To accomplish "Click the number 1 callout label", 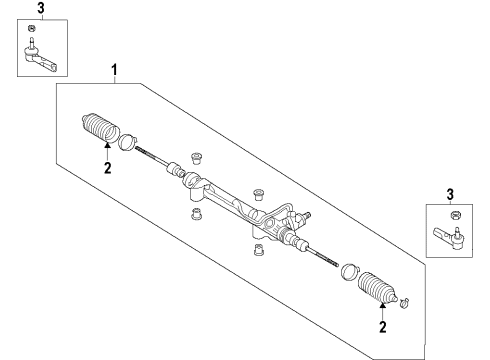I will [x=115, y=70].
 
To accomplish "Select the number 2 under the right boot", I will [x=380, y=326].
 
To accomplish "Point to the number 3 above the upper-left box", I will [x=40, y=9].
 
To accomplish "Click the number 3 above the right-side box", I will [x=449, y=193].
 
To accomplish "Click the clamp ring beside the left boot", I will [x=128, y=140].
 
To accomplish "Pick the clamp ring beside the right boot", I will [x=349, y=272].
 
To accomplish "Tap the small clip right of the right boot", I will [x=405, y=302].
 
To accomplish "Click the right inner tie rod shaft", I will [x=322, y=255].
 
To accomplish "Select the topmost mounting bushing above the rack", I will [x=197, y=159].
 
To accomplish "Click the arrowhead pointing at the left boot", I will [x=107, y=147].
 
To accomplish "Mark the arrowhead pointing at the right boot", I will [x=380, y=305].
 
